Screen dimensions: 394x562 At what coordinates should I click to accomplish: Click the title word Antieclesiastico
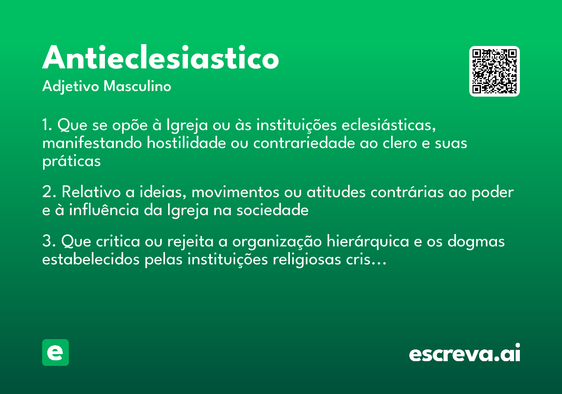161,58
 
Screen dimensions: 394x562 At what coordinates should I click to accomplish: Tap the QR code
495,71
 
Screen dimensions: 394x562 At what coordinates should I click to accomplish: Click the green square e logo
55,352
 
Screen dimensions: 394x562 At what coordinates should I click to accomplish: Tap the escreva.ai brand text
465,353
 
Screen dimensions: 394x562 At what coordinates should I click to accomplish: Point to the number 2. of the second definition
49,192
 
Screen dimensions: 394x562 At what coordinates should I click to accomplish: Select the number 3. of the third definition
49,242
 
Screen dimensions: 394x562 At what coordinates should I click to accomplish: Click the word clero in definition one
395,143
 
